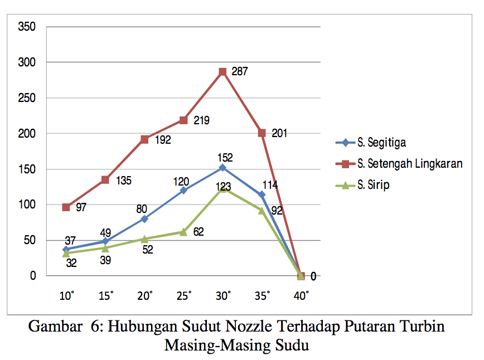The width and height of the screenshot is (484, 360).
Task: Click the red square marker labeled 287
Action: coord(222,71)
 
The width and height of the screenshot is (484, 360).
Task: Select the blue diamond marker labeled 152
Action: coord(222,167)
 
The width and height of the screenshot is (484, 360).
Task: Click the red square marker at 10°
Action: coord(66,207)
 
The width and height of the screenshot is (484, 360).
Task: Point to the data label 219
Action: coord(201,120)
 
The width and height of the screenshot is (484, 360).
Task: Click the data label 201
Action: coord(279,134)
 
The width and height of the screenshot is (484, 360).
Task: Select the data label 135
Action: coord(124,181)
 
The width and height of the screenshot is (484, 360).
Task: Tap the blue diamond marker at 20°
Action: coord(144,219)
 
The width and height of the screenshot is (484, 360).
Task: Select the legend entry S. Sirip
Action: coord(373,185)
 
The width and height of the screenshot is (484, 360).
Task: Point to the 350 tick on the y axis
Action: coord(27,26)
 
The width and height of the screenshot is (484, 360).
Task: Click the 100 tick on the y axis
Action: coord(27,205)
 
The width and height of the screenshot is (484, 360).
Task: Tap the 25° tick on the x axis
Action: coord(185,296)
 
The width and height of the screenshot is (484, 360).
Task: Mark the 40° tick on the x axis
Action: coord(302,296)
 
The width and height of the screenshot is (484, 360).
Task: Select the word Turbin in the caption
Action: coord(425,327)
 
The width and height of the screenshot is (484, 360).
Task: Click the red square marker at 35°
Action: coord(262,133)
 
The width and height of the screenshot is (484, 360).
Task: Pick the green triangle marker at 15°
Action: coord(105,247)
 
